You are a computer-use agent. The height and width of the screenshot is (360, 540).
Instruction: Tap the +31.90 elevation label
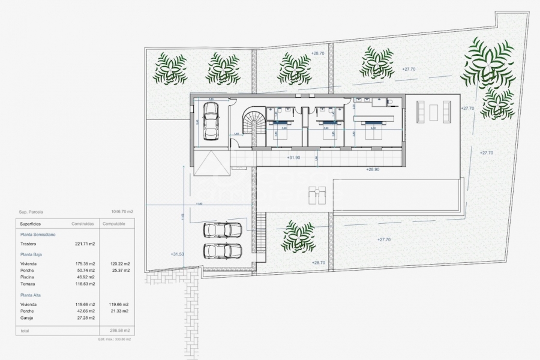point(294,158)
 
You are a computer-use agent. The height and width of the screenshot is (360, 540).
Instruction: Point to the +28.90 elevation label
point(373,170)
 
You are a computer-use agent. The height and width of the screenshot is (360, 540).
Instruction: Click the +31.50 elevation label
point(178,254)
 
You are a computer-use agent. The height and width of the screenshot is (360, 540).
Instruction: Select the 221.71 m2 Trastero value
point(85,244)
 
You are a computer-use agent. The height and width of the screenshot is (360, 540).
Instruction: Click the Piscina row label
point(27,277)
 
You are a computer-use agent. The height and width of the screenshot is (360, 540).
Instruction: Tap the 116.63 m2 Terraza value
point(85,284)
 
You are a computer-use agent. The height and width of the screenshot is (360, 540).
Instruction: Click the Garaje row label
point(27,317)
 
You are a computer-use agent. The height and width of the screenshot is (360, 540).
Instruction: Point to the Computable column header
point(114,223)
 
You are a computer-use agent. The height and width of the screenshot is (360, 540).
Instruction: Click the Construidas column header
point(83,223)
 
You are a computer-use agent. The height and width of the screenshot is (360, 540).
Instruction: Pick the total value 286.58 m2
point(120,331)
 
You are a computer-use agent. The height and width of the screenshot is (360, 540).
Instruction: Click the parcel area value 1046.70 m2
point(122,211)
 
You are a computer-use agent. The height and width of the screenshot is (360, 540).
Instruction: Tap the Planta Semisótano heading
point(38,234)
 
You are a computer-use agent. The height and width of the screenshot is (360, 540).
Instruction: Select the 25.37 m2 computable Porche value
point(120,271)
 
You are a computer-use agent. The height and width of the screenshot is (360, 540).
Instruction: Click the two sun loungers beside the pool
point(317,194)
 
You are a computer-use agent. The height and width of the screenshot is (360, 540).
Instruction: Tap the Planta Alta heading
point(31,295)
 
